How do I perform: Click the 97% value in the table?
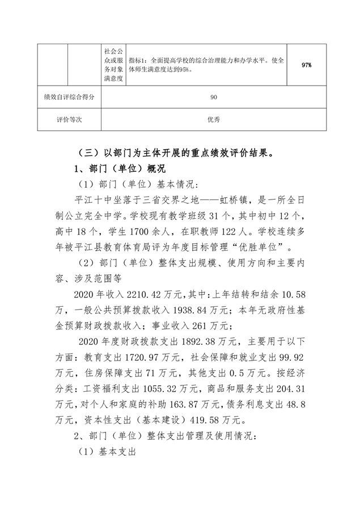click(307, 66)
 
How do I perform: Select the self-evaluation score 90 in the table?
click(214, 97)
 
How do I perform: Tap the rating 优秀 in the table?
click(214, 120)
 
